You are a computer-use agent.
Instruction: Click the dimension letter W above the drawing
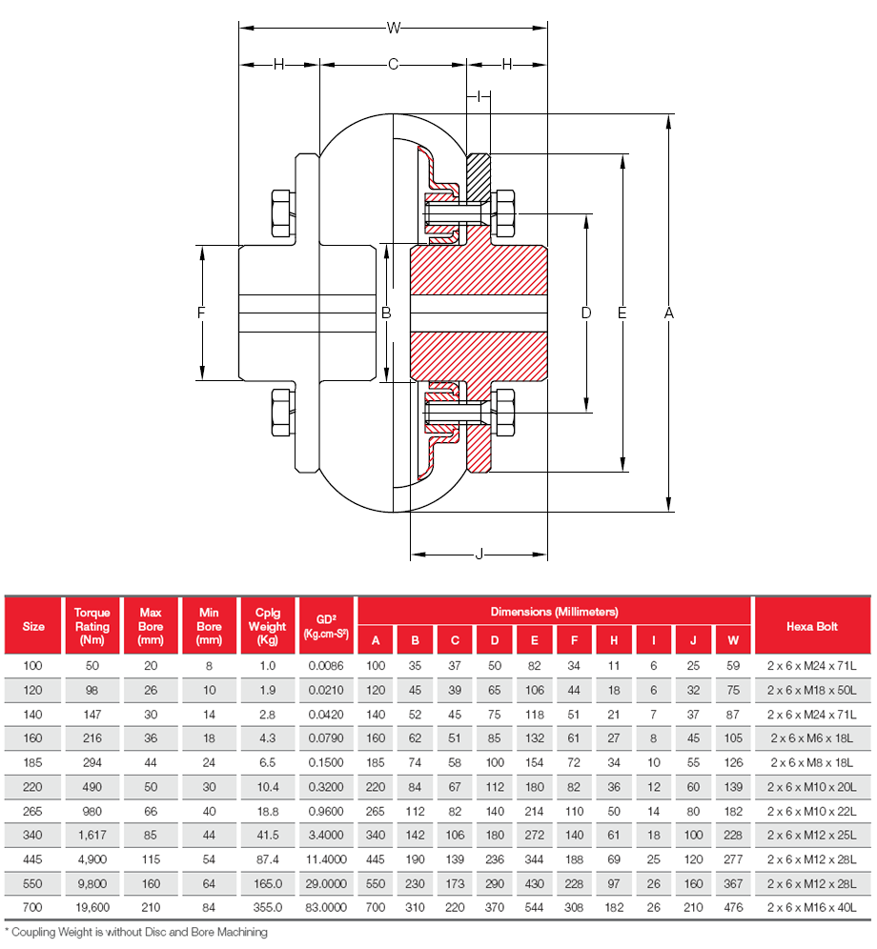point(393,29)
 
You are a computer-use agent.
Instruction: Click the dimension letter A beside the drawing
point(669,313)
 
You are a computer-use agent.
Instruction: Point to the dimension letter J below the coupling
point(479,554)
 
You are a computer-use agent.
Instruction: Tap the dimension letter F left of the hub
point(201,313)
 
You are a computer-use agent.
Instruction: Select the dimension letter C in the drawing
point(392,65)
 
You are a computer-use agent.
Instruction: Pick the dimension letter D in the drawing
point(586,313)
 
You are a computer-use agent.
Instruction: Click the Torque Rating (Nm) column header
point(92,626)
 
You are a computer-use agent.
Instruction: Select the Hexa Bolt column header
point(811,626)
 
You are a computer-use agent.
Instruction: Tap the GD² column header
point(326,626)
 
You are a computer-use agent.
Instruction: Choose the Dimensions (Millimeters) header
point(554,611)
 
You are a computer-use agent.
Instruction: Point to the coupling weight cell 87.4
point(267,858)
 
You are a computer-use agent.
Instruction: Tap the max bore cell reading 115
point(151,858)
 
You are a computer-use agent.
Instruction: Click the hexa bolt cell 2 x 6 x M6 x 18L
point(811,737)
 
